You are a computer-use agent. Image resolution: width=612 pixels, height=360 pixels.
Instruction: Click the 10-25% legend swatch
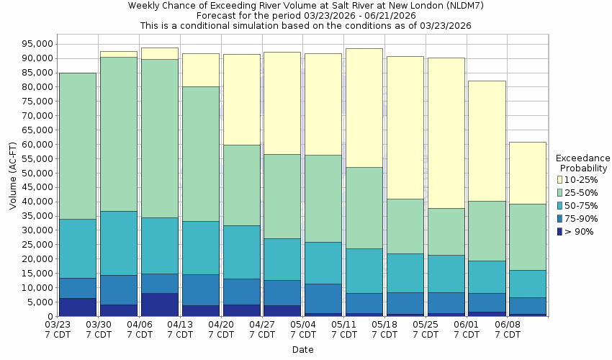coord(560,179)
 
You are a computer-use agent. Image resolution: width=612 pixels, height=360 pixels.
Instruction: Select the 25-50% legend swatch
coord(560,192)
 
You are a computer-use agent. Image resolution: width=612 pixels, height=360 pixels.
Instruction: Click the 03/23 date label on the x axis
coord(58,325)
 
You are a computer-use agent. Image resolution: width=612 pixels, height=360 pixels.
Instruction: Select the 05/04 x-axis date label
coord(303,325)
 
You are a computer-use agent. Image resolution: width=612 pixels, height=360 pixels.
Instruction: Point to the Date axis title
coord(302,350)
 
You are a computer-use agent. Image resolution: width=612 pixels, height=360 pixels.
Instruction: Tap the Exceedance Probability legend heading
coord(583,163)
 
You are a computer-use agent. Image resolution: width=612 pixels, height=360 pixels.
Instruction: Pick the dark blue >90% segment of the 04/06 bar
coord(160,304)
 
